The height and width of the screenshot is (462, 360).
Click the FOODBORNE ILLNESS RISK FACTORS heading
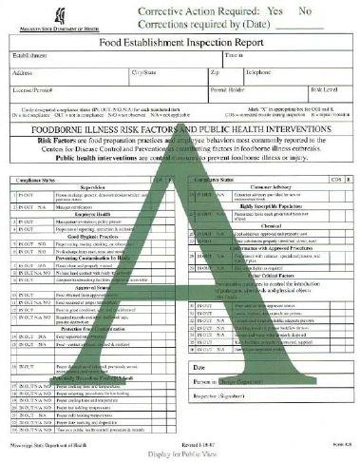pos(180,122)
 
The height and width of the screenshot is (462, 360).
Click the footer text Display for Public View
pos(180,452)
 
